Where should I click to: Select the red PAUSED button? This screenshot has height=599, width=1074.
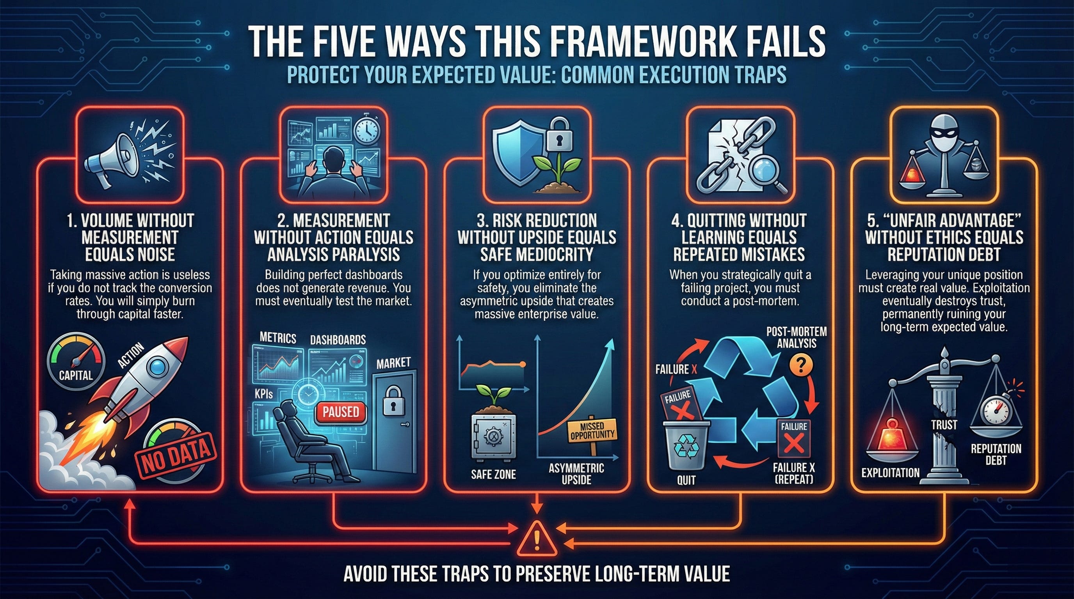pos(341,412)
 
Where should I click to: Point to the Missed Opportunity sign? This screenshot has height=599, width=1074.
pos(592,432)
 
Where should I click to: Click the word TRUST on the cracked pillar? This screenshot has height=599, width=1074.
pos(944,425)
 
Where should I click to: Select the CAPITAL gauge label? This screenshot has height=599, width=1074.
pos(75,375)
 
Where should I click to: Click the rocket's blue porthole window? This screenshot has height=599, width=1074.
pos(158,366)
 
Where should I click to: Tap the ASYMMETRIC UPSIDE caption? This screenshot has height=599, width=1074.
pos(576,473)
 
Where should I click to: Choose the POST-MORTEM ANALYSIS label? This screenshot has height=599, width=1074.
pos(796,337)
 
